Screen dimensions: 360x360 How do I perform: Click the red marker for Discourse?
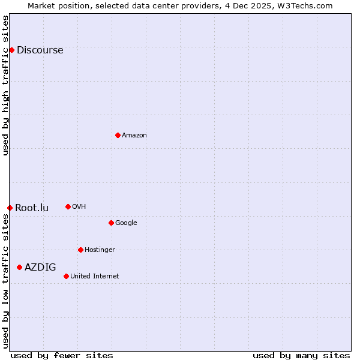tap(11, 50)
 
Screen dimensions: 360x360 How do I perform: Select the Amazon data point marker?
tap(118, 135)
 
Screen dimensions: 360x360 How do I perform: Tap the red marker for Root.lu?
tap(10, 208)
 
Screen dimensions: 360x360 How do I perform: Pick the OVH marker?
tap(68, 206)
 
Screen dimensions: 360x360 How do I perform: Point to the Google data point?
tap(111, 223)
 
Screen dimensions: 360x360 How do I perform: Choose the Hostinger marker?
tap(80, 250)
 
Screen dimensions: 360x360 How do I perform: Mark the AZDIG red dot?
tap(19, 267)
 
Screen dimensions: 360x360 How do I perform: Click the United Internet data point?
tap(66, 276)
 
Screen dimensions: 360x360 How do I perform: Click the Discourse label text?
tap(40, 50)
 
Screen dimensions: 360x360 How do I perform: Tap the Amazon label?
tap(134, 136)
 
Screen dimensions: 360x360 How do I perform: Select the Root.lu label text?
tap(32, 208)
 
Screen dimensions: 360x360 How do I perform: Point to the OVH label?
tap(79, 207)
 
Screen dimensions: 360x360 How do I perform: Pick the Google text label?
tap(126, 223)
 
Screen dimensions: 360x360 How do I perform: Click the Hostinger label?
tap(100, 250)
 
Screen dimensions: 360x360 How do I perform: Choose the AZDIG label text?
tap(40, 268)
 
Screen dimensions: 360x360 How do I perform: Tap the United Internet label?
tap(94, 277)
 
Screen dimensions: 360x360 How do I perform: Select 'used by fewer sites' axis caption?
tap(62, 355)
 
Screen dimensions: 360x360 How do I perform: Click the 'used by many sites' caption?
tap(301, 355)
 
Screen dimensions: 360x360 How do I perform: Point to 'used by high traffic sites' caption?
tap(5, 86)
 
